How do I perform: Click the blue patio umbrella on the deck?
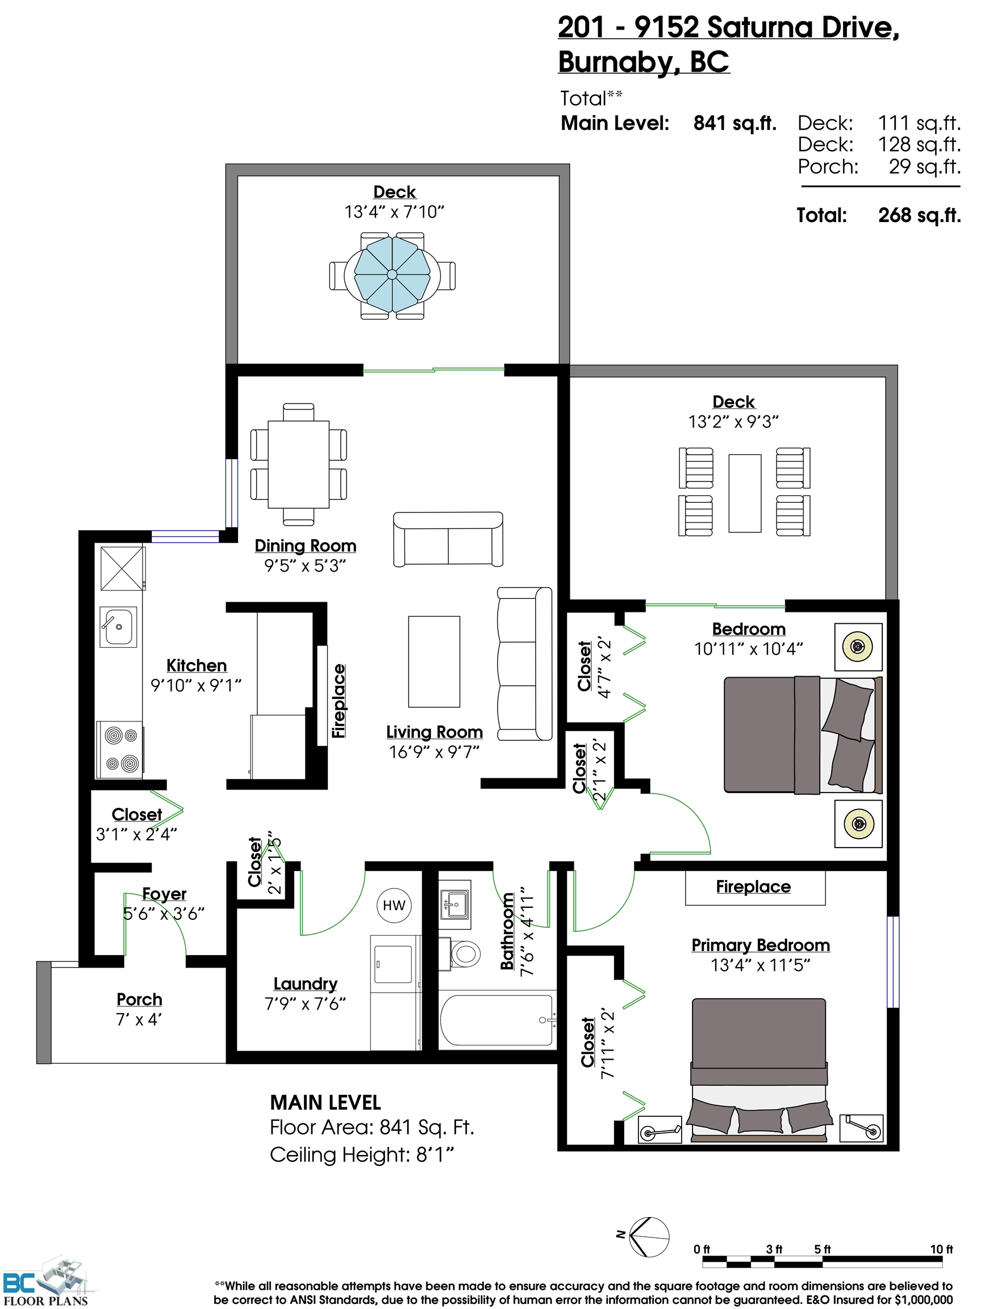click(392, 274)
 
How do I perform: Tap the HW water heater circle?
click(394, 905)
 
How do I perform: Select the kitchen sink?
click(119, 626)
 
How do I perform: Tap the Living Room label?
click(434, 732)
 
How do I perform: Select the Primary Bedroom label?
click(760, 945)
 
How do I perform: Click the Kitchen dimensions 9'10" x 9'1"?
click(196, 685)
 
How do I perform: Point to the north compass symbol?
click(648, 1237)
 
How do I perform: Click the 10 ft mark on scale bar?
click(941, 1249)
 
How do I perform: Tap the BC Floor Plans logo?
click(45, 1281)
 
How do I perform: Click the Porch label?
click(139, 999)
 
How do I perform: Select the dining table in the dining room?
click(298, 464)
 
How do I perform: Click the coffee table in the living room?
click(434, 661)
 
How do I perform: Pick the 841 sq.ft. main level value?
click(734, 123)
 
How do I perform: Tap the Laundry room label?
click(304, 983)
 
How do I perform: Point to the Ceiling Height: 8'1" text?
click(361, 1154)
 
